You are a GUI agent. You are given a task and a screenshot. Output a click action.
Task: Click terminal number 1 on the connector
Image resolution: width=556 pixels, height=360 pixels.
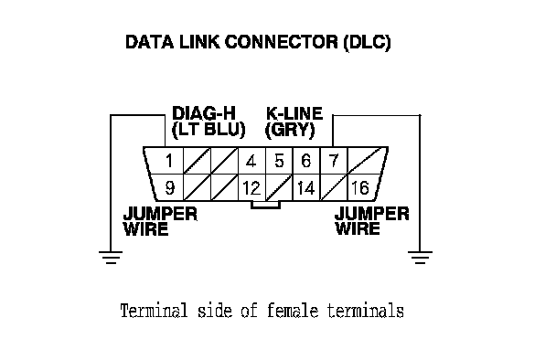169,161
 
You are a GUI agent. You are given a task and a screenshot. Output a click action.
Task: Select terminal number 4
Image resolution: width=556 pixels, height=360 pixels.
251,161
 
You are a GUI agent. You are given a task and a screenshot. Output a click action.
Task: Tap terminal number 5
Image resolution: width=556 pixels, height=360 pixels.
279,161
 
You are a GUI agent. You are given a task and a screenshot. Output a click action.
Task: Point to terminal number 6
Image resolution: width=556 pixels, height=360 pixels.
306,161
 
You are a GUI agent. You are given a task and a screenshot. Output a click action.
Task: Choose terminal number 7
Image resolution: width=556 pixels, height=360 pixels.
334,161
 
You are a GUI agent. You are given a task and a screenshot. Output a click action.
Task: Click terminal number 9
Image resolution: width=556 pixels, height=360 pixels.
170,188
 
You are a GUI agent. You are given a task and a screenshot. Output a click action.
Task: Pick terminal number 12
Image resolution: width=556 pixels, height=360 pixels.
251,188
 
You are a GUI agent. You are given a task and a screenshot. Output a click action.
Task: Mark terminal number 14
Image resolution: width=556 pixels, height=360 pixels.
306,188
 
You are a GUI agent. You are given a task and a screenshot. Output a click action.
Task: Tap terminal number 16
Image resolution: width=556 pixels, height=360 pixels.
360,188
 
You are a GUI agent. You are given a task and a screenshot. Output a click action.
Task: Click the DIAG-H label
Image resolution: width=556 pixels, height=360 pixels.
204,113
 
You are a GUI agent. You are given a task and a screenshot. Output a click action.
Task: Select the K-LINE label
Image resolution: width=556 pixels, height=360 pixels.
294,113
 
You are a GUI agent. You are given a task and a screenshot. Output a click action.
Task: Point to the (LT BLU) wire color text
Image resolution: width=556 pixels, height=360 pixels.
208,130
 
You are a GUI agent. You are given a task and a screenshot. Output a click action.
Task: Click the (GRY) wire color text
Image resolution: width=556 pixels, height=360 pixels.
290,130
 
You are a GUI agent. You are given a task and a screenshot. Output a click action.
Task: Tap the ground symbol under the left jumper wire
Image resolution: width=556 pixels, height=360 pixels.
111,258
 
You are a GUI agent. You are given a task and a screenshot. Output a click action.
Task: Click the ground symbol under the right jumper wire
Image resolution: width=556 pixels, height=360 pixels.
420,258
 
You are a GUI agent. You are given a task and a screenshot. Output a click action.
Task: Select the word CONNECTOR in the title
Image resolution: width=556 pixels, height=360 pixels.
281,42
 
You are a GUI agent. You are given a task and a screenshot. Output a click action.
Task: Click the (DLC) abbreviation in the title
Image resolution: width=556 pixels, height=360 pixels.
367,43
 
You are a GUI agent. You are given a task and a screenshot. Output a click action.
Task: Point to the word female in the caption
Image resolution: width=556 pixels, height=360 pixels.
293,311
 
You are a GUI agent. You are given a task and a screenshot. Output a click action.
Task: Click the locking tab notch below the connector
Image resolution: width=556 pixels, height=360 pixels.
265,205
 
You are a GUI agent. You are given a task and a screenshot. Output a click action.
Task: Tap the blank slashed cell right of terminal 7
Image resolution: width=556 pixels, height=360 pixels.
366,160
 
